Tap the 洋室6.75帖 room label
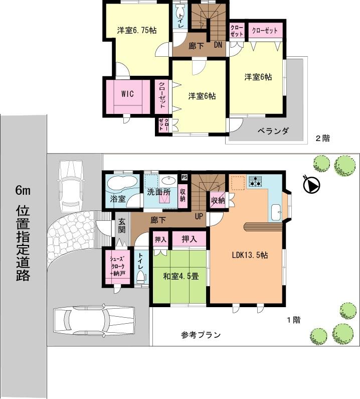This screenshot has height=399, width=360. click(137, 30)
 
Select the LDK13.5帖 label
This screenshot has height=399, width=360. click(249, 255)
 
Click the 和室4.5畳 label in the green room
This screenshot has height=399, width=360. click(180, 276)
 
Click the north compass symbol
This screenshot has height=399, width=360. click(311, 186)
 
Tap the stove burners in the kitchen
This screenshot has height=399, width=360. click(255, 181)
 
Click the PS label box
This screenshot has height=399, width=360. click(184, 177)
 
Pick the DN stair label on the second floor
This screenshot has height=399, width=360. click(218, 45)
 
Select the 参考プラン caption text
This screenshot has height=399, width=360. click(201, 335)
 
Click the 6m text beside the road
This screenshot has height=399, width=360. click(23, 190)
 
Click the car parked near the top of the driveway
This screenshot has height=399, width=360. click(70, 184)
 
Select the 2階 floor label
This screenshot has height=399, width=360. click(322, 139)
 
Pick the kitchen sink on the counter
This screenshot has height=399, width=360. click(275, 213)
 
